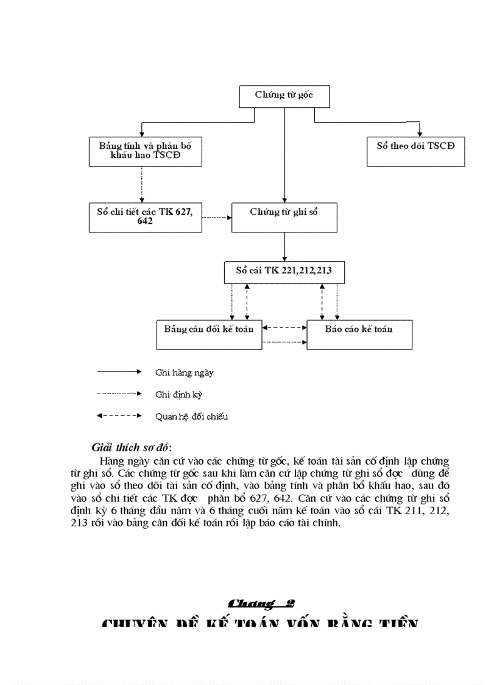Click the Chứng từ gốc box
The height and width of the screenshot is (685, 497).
(284, 96)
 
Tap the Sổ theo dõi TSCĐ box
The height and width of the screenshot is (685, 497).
(415, 151)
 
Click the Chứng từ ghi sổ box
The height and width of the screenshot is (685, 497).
(284, 217)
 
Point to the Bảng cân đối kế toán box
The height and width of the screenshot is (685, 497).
(209, 334)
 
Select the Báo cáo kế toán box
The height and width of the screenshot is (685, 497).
(359, 334)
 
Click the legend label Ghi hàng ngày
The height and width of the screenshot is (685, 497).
(185, 372)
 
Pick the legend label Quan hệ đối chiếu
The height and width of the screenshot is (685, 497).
(191, 417)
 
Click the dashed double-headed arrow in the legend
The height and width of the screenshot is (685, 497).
(119, 416)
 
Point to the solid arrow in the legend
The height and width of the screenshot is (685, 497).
(119, 371)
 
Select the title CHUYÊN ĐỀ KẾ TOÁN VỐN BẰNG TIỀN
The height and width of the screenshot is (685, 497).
(260, 623)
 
